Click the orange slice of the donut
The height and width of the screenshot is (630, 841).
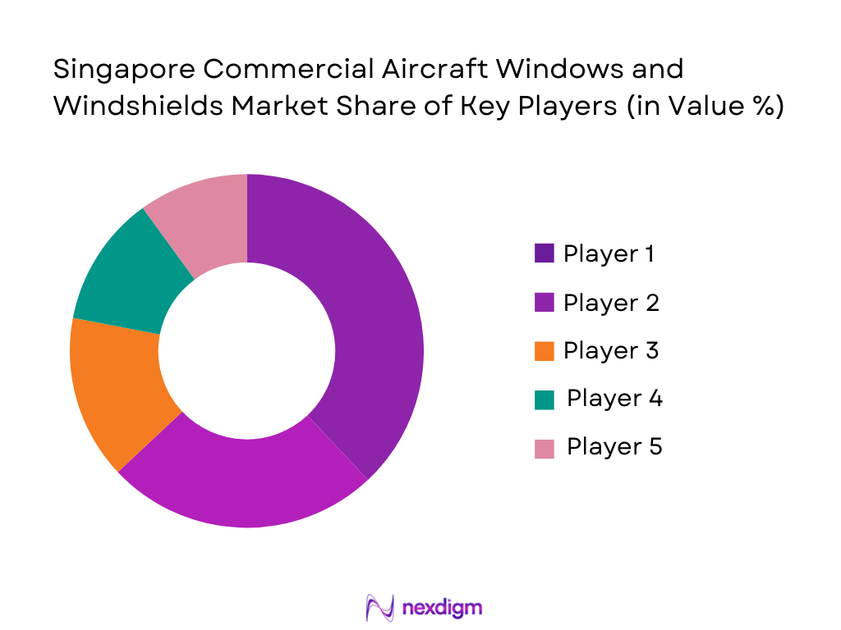point(115,394)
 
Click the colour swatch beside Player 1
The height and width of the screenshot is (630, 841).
point(544,253)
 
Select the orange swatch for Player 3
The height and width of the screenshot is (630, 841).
point(544,351)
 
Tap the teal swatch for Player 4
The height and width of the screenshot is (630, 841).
point(544,399)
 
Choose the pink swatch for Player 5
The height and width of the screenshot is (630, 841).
point(544,448)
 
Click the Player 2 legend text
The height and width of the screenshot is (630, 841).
point(611,303)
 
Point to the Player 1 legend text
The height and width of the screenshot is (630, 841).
point(609,253)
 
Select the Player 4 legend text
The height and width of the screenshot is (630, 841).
point(614,399)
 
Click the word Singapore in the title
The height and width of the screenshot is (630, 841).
point(123,69)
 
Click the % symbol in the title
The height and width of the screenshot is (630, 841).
point(762,107)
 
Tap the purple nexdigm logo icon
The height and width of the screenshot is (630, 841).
point(379,608)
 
